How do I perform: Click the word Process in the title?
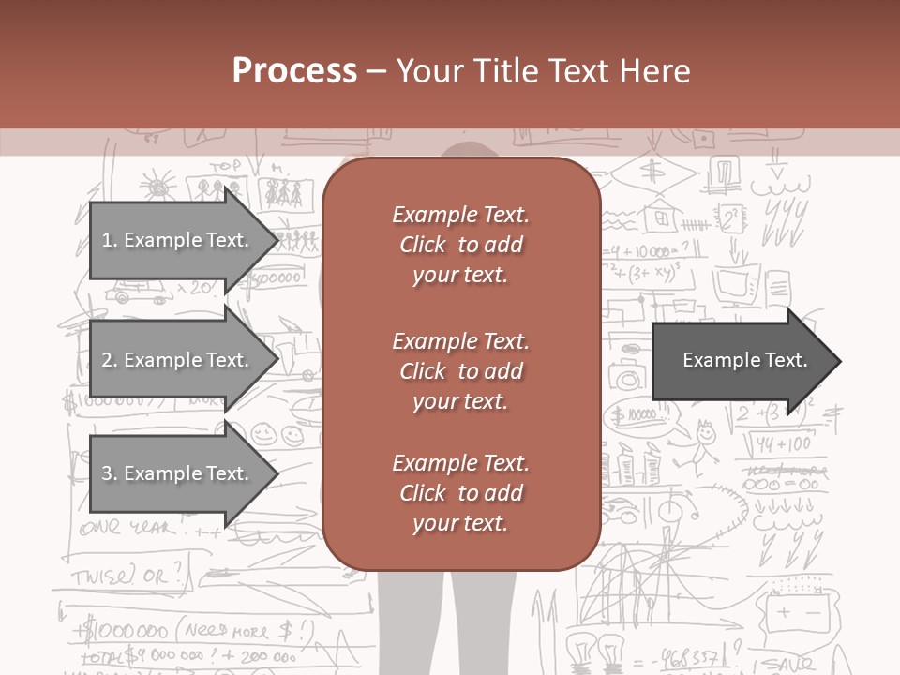[294, 70]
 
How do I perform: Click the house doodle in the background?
[662, 215]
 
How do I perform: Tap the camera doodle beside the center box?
[627, 375]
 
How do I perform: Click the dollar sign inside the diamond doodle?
[652, 171]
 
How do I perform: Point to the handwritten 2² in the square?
[729, 220]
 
